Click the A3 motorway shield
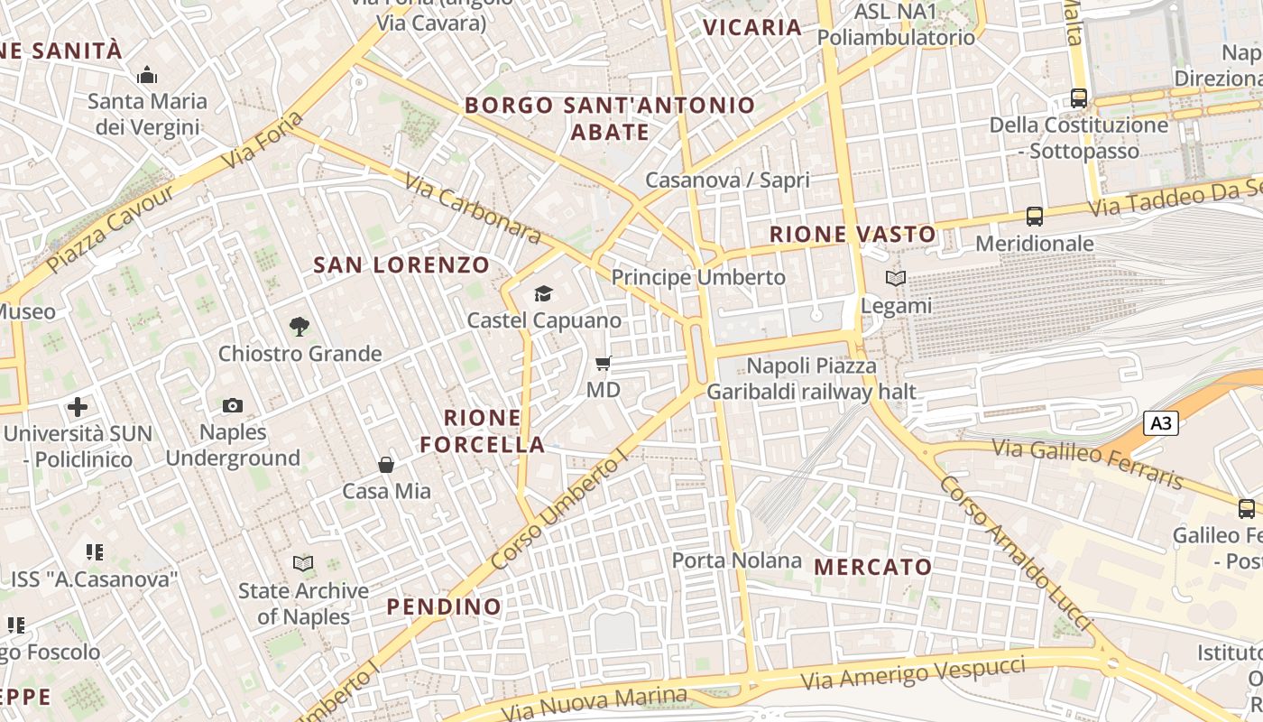tap(1162, 422)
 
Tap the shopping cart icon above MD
tap(604, 364)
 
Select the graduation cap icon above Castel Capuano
tap(543, 293)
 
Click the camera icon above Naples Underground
tap(233, 405)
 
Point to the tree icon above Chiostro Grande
tap(300, 326)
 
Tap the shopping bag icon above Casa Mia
tap(386, 465)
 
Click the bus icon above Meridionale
tap(1035, 217)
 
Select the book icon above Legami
tap(895, 279)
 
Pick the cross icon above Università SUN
tap(78, 407)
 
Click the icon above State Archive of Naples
tap(303, 564)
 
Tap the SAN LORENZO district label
tap(401, 265)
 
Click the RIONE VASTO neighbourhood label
tap(853, 235)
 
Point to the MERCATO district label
tap(872, 567)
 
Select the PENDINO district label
tap(444, 606)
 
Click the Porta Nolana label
tap(736, 560)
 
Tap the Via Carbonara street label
tap(472, 208)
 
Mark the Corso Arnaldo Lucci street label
tap(1015, 553)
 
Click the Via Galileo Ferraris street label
tap(1087, 463)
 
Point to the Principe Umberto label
tap(698, 277)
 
